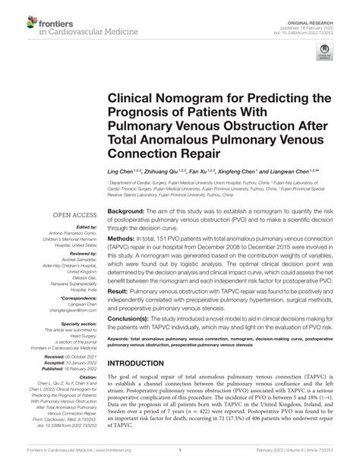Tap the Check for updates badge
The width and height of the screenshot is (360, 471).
coord(326,54)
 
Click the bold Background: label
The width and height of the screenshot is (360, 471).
coord(125,210)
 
